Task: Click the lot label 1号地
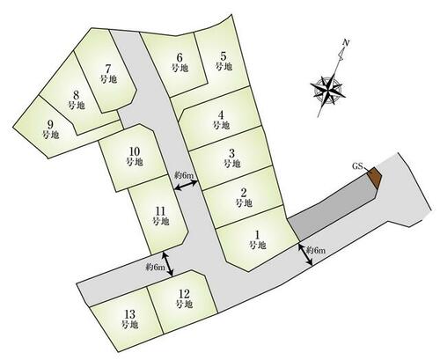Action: click(x=258, y=239)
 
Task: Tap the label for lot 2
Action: click(x=244, y=198)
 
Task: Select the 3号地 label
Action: click(x=232, y=158)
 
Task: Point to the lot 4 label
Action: click(x=221, y=120)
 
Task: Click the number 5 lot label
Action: click(x=224, y=61)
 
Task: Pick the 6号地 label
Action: click(x=180, y=62)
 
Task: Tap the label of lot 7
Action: click(x=108, y=74)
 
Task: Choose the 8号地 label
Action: click(x=77, y=100)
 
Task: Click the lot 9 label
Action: click(x=51, y=129)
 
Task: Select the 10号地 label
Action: click(x=135, y=157)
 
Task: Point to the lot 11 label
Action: click(x=161, y=216)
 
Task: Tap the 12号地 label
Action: click(x=184, y=298)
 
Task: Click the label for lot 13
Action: click(x=129, y=320)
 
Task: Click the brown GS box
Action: click(x=375, y=177)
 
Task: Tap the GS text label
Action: click(x=357, y=166)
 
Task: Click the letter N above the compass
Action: click(x=346, y=43)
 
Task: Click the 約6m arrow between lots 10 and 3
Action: click(x=187, y=186)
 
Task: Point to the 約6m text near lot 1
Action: click(x=316, y=250)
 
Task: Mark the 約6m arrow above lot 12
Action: click(x=167, y=263)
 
